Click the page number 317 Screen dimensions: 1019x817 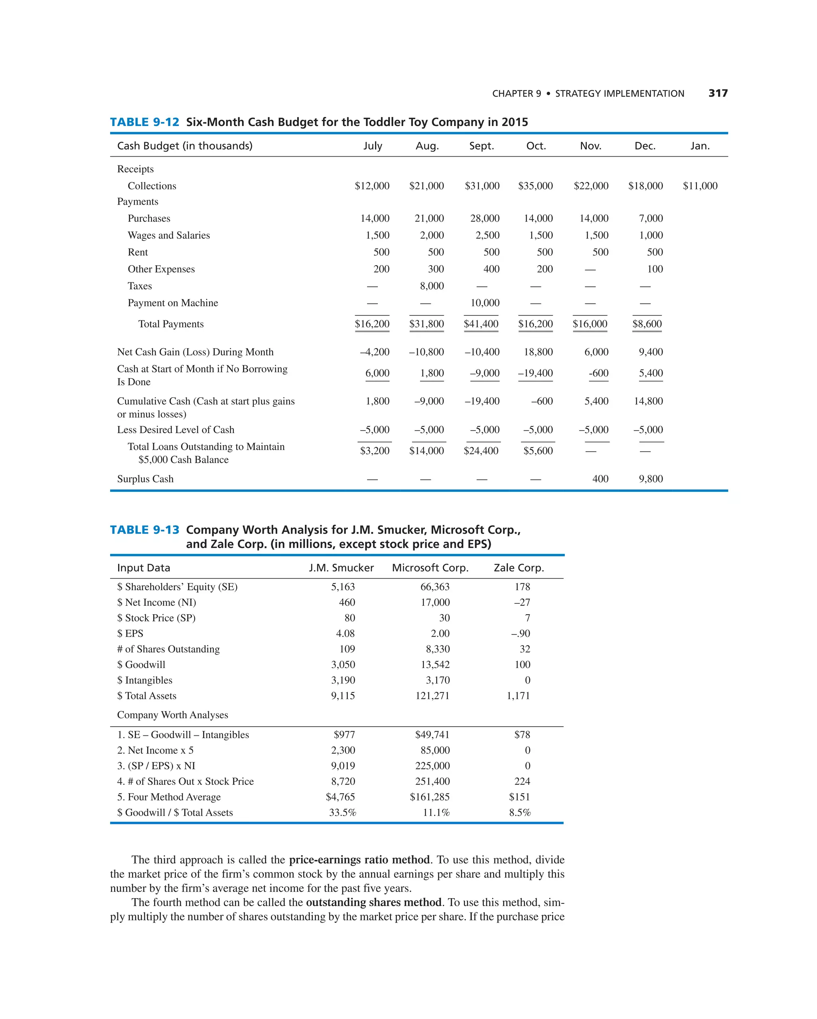point(718,93)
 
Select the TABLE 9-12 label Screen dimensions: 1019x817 point(145,122)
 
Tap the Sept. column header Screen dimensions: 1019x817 point(482,146)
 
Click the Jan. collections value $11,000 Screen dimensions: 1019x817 point(700,186)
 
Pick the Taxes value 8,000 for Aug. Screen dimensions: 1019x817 point(432,286)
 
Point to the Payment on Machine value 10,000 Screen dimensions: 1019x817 point(485,303)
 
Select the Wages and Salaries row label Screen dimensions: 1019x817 point(169,235)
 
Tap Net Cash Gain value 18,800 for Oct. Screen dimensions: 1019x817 point(538,352)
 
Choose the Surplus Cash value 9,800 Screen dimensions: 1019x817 point(651,479)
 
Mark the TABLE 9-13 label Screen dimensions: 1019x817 point(145,530)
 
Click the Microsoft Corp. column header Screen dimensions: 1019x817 point(430,568)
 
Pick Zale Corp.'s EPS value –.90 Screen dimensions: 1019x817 point(521,633)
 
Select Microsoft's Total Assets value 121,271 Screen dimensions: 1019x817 point(432,696)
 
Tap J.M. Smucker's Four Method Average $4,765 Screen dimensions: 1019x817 point(340,797)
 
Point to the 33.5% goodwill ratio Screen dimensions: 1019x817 point(342,812)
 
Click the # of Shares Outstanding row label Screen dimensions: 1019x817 point(168,649)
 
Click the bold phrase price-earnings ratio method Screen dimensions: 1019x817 point(359,860)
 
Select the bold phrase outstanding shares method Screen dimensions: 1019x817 point(373,902)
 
